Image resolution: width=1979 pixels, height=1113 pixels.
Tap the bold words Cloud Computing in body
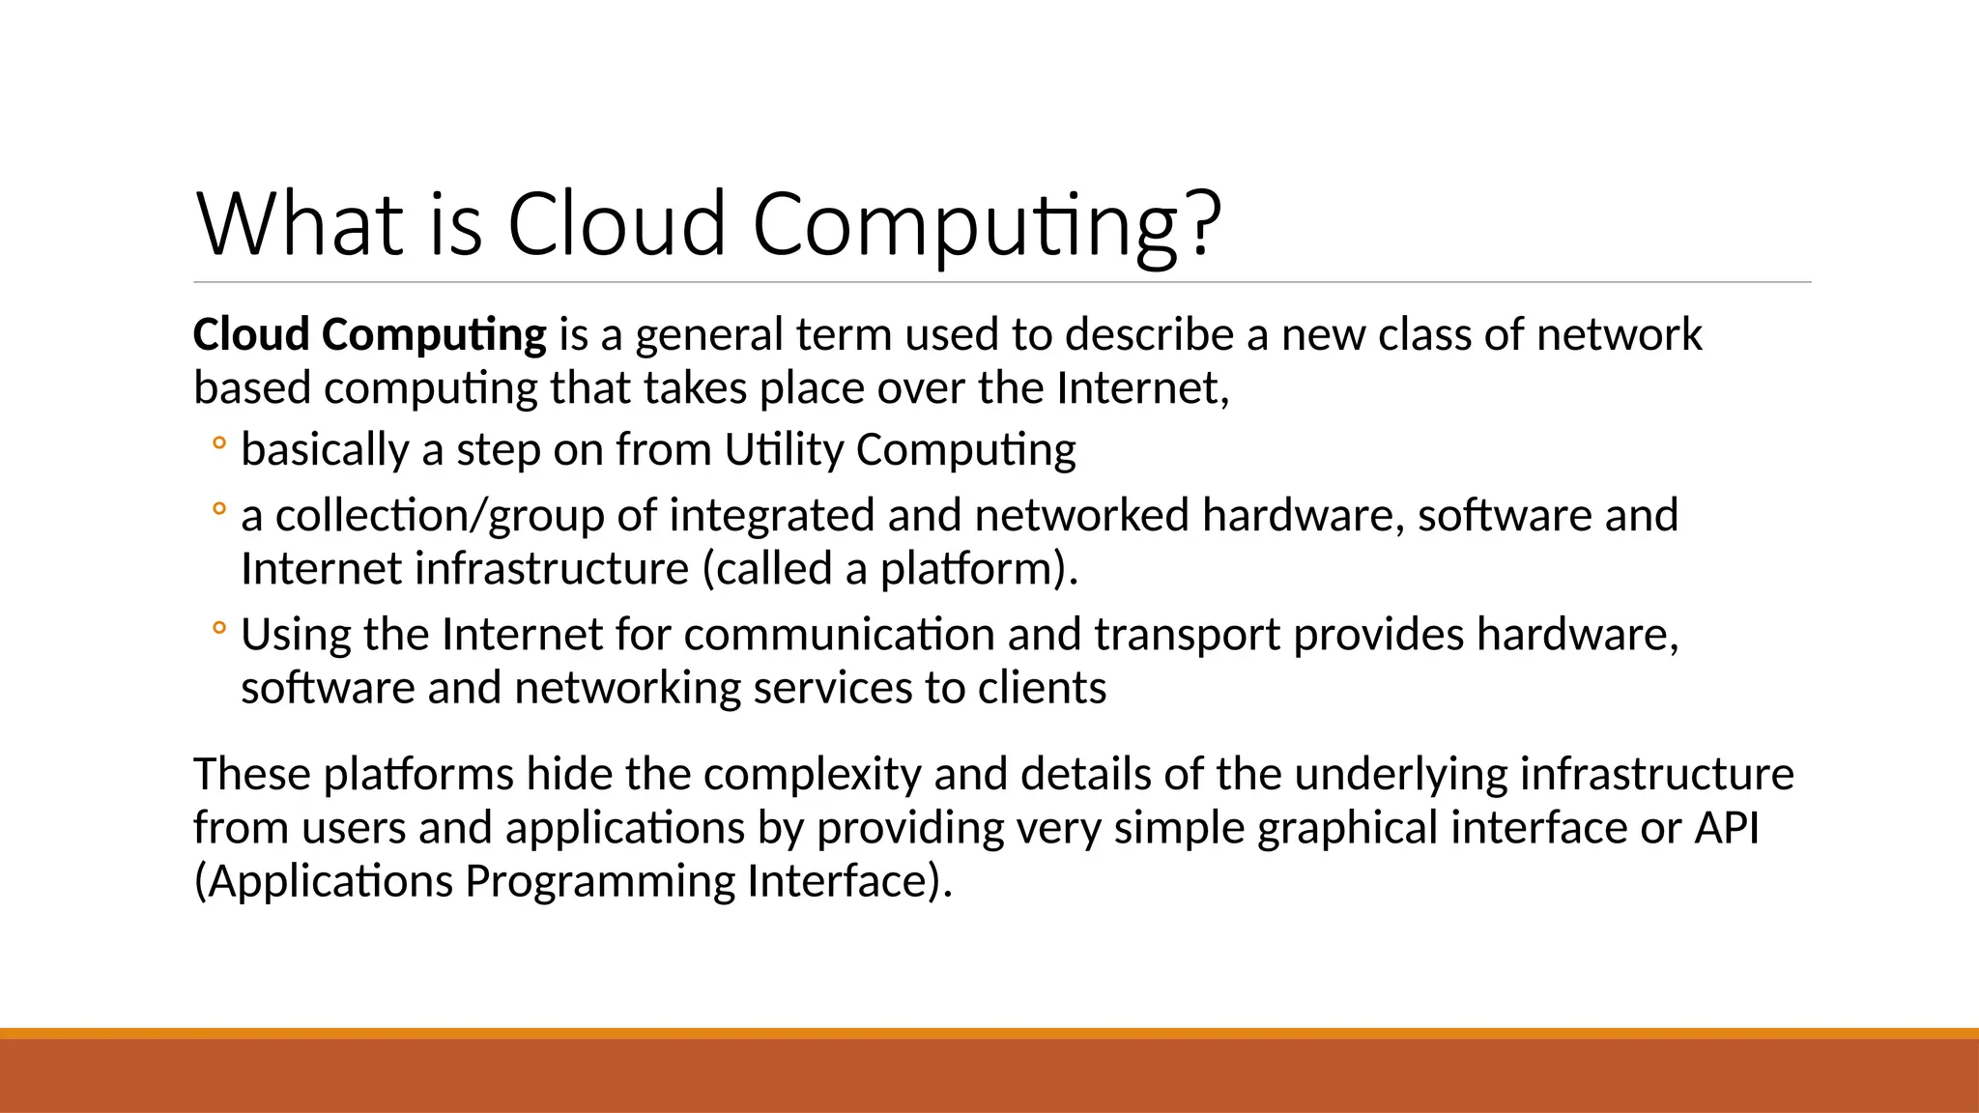tap(369, 335)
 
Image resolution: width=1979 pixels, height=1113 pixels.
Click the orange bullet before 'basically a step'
tap(219, 443)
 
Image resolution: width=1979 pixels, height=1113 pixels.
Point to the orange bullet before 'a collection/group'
tap(219, 508)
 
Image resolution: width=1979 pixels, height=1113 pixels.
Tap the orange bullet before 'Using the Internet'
tap(219, 629)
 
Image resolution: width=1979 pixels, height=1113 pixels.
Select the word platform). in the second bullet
tap(978, 569)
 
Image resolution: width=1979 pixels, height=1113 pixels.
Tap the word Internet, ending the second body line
tap(1142, 388)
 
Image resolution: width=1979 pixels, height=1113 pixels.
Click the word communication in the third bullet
tap(839, 636)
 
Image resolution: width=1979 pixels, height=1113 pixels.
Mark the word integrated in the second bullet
tap(771, 516)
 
